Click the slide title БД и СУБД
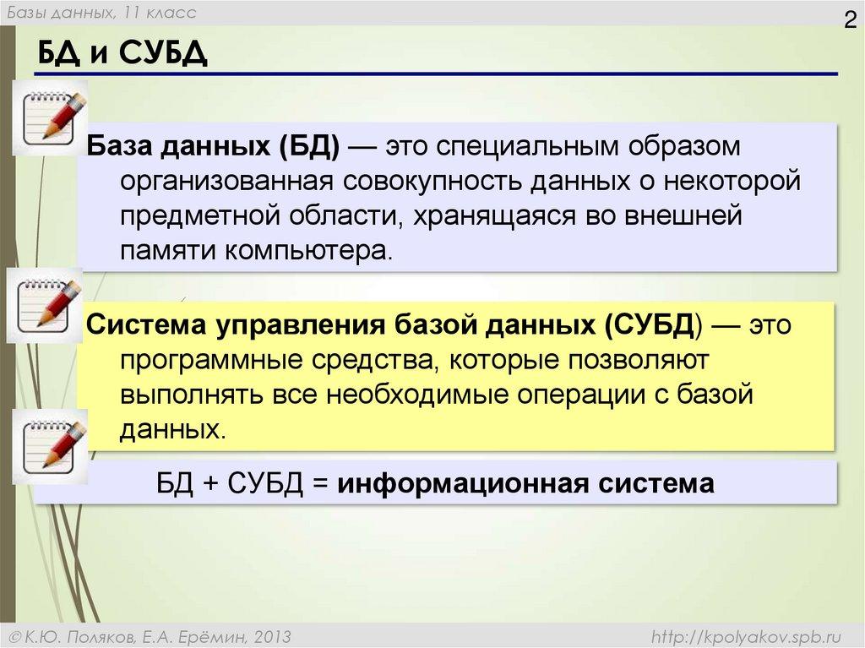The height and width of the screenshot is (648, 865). (122, 55)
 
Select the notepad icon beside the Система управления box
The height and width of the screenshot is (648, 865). (46, 305)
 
